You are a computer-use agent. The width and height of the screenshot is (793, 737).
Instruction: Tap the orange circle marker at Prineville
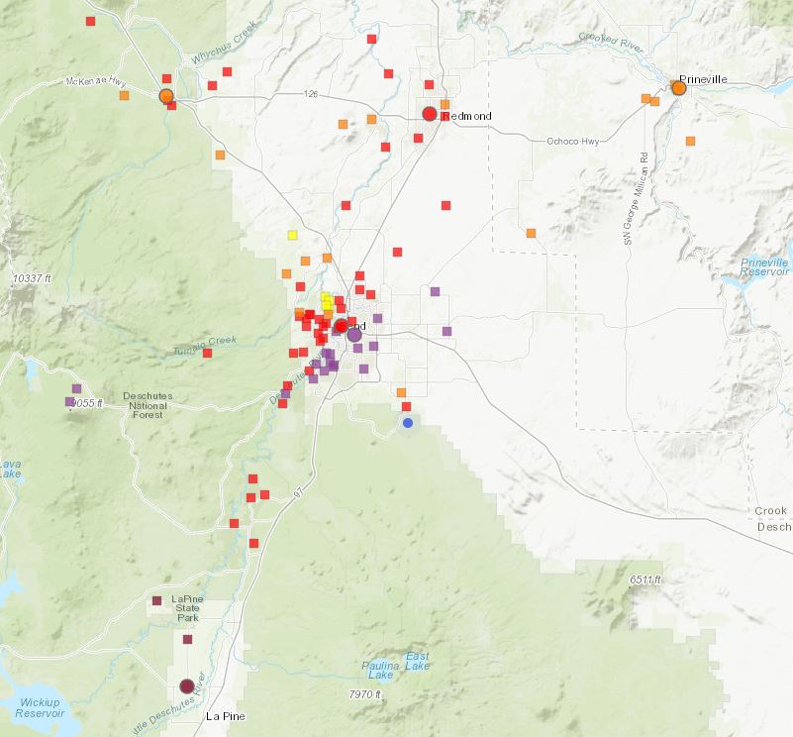pos(679,88)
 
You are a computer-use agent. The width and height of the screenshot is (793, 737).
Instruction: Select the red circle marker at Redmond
pos(430,114)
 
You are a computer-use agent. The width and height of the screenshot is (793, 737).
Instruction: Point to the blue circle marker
pos(408,423)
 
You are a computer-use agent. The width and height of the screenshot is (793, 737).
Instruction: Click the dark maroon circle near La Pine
pos(187,686)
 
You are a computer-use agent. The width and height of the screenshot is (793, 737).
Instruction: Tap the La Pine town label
pos(225,715)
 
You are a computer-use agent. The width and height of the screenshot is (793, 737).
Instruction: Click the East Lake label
pos(417,662)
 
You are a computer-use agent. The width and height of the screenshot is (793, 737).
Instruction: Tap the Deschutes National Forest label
pos(148,406)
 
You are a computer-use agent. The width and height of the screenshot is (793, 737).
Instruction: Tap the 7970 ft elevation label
pos(365,694)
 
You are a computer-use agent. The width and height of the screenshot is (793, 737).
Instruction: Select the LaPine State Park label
pos(186,608)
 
